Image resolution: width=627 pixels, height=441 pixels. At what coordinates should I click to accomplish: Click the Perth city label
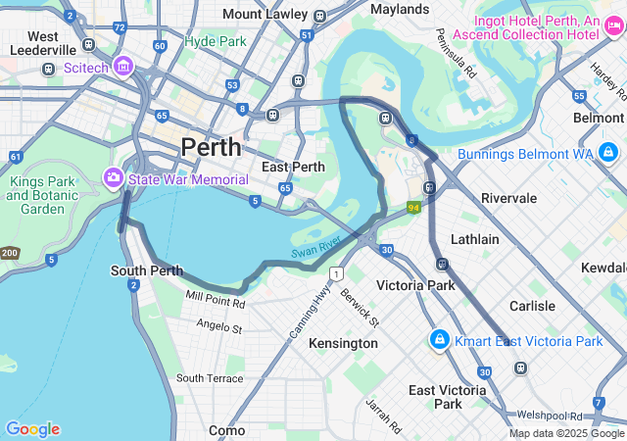(211, 147)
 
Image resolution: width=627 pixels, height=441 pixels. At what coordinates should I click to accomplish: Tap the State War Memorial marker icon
(113, 178)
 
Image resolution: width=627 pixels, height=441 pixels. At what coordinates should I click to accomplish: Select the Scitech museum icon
(122, 67)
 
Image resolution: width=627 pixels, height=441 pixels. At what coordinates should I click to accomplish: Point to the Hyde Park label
(215, 42)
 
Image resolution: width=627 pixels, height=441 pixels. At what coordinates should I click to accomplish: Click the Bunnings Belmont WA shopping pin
(608, 153)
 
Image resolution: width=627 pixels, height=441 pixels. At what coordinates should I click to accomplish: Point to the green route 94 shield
(414, 208)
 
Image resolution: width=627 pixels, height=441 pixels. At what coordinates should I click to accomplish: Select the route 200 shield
(9, 253)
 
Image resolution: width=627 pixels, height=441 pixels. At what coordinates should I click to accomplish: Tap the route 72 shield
(119, 27)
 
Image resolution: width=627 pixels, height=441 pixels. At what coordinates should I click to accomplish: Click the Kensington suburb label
(343, 343)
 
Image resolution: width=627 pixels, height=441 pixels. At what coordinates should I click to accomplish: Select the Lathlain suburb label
(474, 239)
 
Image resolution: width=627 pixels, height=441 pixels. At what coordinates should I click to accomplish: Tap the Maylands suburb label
(401, 9)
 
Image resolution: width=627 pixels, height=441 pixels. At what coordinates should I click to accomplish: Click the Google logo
(32, 429)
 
